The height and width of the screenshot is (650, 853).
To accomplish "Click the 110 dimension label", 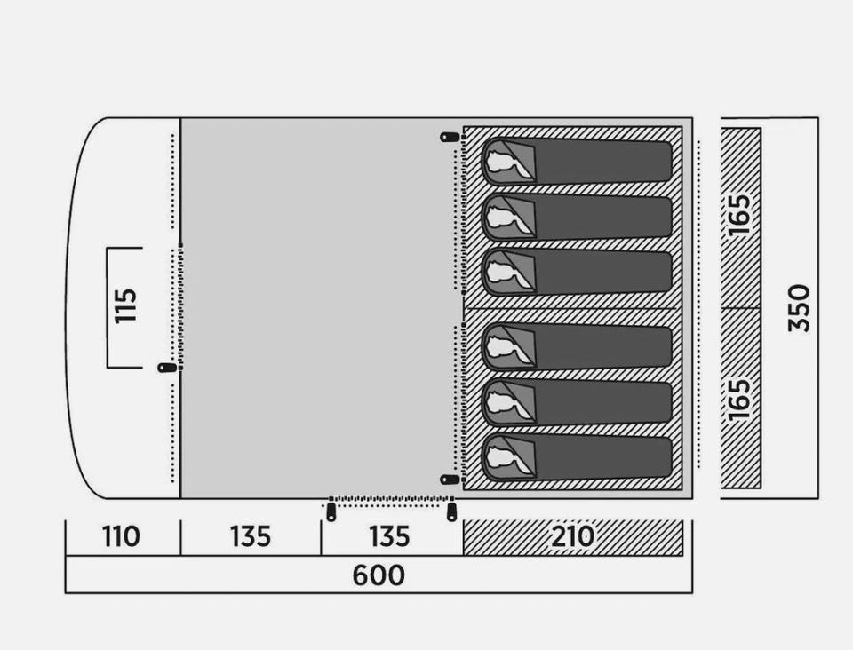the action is click(x=122, y=537).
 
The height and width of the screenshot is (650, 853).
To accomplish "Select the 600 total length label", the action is click(x=379, y=575).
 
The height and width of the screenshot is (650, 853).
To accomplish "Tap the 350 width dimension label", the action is click(x=799, y=307).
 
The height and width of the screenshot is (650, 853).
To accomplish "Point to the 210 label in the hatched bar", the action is click(x=573, y=537).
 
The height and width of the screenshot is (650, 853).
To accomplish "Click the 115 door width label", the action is click(x=125, y=306).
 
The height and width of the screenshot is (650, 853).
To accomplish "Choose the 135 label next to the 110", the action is click(x=251, y=537).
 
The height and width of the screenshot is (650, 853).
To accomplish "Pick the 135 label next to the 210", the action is click(x=389, y=537).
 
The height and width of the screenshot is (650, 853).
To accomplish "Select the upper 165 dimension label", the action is click(x=740, y=215).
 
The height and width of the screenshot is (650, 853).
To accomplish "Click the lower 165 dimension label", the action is click(x=740, y=400).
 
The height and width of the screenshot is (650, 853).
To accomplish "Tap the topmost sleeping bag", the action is click(x=577, y=161).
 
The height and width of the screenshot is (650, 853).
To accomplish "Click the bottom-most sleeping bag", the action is click(x=577, y=457).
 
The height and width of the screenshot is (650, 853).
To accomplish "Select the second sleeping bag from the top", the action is click(x=577, y=218).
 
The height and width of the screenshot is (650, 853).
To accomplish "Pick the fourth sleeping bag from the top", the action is click(x=577, y=346).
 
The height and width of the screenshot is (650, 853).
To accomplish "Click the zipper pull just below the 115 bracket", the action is click(x=167, y=368).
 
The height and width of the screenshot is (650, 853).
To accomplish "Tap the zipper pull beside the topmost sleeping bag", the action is click(x=450, y=137).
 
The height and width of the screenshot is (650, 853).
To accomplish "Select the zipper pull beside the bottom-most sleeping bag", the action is click(x=450, y=480).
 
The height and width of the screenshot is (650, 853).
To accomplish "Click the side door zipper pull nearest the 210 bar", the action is click(x=451, y=512).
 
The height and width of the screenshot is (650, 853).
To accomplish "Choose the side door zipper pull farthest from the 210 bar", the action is click(x=331, y=512).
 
